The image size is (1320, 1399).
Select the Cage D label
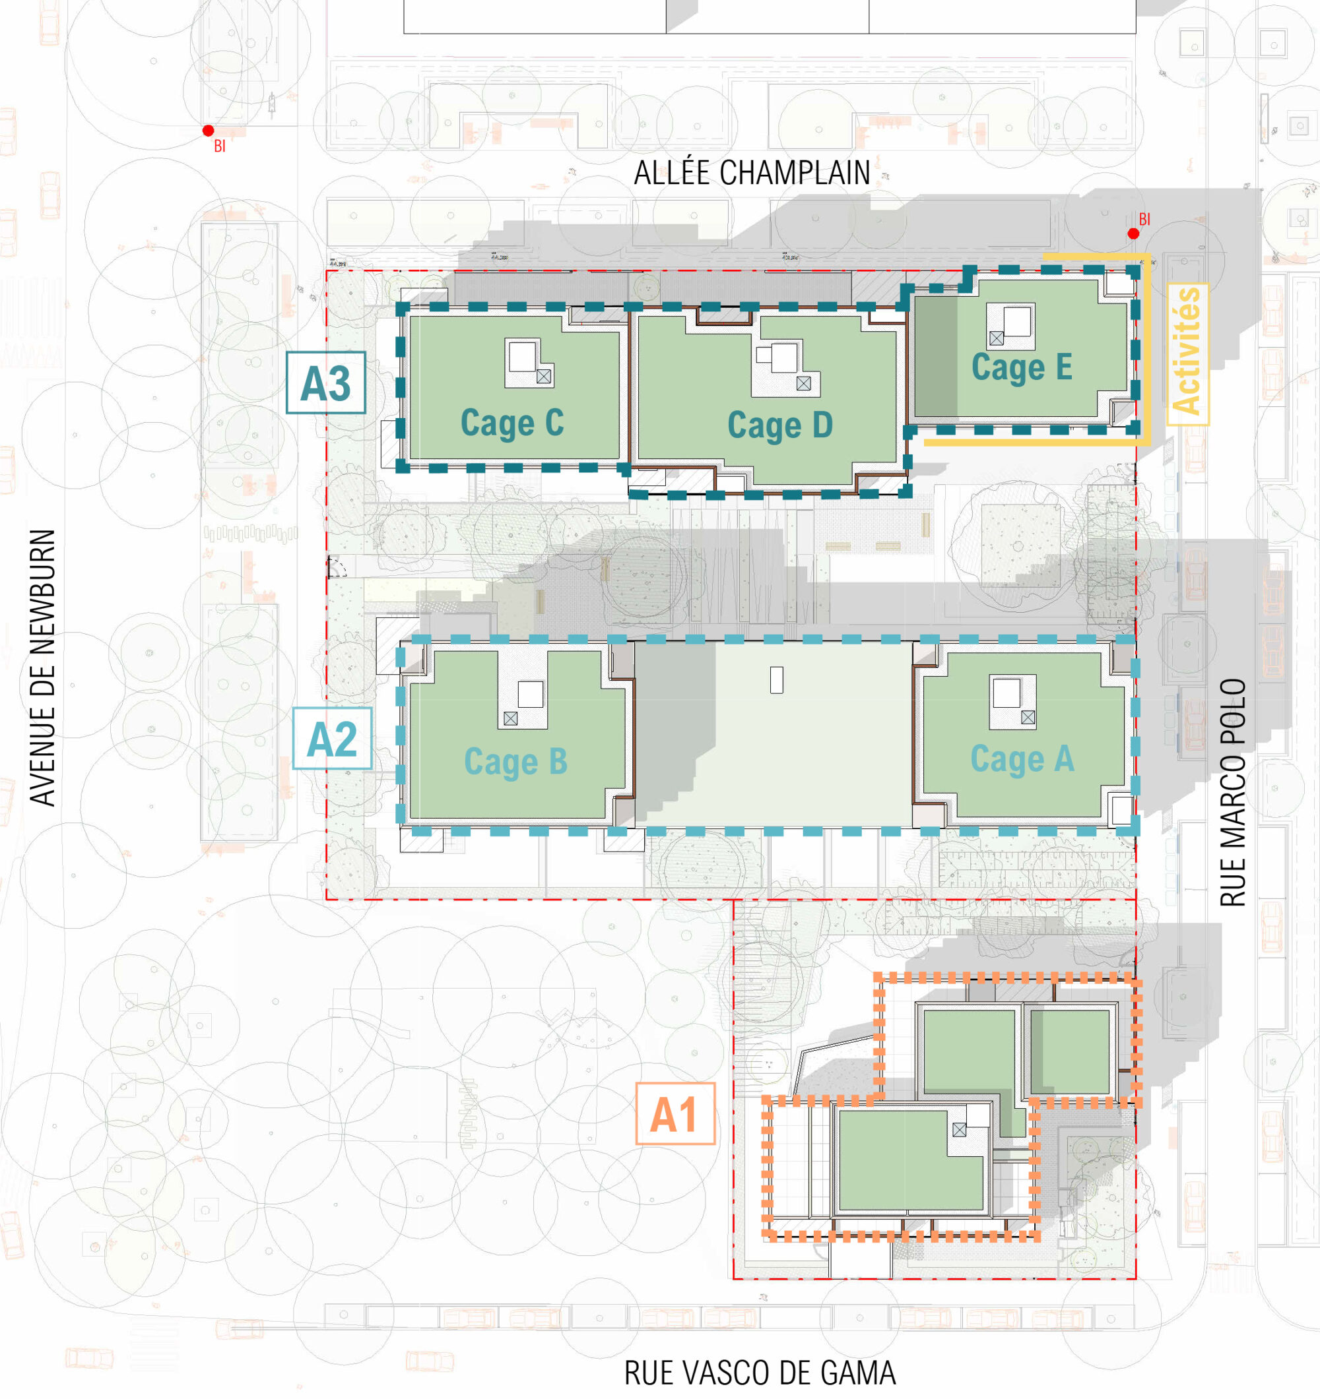click(x=780, y=425)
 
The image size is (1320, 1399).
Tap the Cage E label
click(x=1022, y=367)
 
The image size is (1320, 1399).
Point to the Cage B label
click(x=515, y=761)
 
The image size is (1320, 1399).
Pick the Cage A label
click(x=1022, y=759)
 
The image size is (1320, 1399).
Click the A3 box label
click(x=326, y=382)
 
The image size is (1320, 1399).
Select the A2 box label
click(x=332, y=738)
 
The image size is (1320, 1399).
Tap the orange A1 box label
click(x=675, y=1114)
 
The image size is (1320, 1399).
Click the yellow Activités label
click(x=1187, y=354)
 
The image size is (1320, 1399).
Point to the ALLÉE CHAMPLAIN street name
click(x=752, y=173)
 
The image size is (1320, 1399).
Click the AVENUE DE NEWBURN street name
click(x=43, y=667)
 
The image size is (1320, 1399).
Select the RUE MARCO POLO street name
click(x=1233, y=792)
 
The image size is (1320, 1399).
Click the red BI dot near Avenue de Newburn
click(x=209, y=130)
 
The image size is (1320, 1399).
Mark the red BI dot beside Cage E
click(x=1133, y=233)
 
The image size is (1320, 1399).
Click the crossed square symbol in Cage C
click(x=543, y=377)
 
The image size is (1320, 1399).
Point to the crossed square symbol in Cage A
click(x=1028, y=718)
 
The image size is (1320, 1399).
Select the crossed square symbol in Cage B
click(x=510, y=718)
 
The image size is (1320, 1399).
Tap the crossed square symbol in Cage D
click(x=803, y=383)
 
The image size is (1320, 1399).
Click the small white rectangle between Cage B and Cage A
click(x=777, y=681)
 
